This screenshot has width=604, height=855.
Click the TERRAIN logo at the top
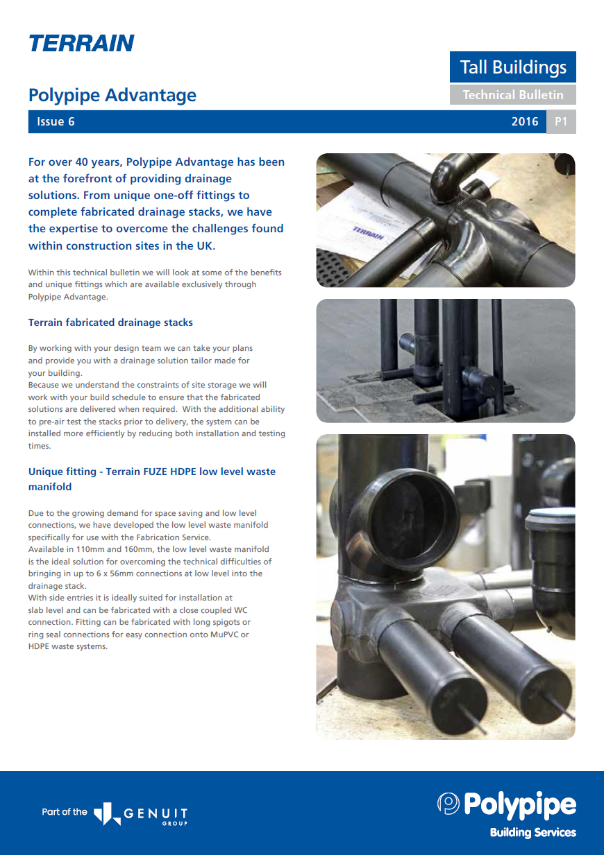(x=81, y=43)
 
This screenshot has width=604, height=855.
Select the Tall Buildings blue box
(x=513, y=67)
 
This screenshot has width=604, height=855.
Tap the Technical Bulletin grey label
(x=513, y=95)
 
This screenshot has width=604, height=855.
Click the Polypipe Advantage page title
(x=112, y=95)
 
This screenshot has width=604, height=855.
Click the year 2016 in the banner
(x=525, y=122)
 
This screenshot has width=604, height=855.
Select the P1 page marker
(x=561, y=122)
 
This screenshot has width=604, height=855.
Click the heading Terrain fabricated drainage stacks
(x=110, y=322)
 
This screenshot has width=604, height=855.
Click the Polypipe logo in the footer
(x=507, y=804)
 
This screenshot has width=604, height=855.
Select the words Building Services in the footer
(x=532, y=832)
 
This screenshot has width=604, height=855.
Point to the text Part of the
(x=65, y=812)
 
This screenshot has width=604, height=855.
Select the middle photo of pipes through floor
(x=445, y=361)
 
